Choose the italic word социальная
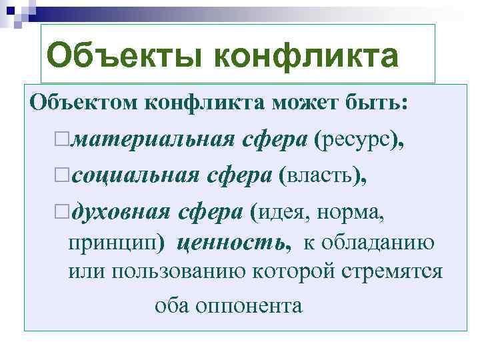pyautogui.click(x=133, y=175)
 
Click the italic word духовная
pyautogui.click(x=121, y=212)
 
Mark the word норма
pyautogui.click(x=352, y=212)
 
